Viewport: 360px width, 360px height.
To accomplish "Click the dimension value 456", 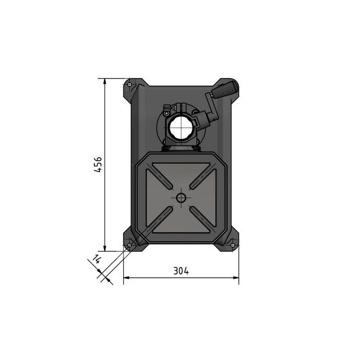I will pyautogui.click(x=98, y=164).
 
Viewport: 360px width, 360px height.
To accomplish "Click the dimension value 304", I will pyautogui.click(x=181, y=270).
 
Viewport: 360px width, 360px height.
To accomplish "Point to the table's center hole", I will pyautogui.click(x=181, y=198).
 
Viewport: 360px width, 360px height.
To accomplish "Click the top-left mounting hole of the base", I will pyautogui.click(x=130, y=84).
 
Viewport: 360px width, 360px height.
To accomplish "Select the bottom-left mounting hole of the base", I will pyautogui.click(x=130, y=245).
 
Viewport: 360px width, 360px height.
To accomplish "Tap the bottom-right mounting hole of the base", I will pyautogui.click(x=232, y=243).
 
